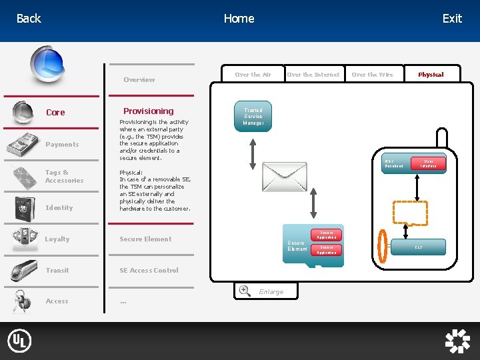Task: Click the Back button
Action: pos(29,19)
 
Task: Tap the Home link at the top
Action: pos(239,19)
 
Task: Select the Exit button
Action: pos(452,19)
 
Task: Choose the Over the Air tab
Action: pos(253,75)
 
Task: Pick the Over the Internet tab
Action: pos(313,75)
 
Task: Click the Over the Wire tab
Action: pos(372,75)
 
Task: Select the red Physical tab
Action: pos(431,75)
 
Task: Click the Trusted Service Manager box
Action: pos(253,117)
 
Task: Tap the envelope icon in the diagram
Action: pos(285,177)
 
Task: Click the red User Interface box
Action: pos(429,163)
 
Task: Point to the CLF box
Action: pos(418,247)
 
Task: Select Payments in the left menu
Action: pos(62,145)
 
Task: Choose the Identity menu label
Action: pos(59,208)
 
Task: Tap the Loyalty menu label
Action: pos(57,239)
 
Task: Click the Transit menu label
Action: pos(57,271)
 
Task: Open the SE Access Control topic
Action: pos(149,271)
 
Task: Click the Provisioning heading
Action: pos(148,111)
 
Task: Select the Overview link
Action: pos(139,80)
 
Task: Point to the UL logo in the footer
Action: pos(19,341)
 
